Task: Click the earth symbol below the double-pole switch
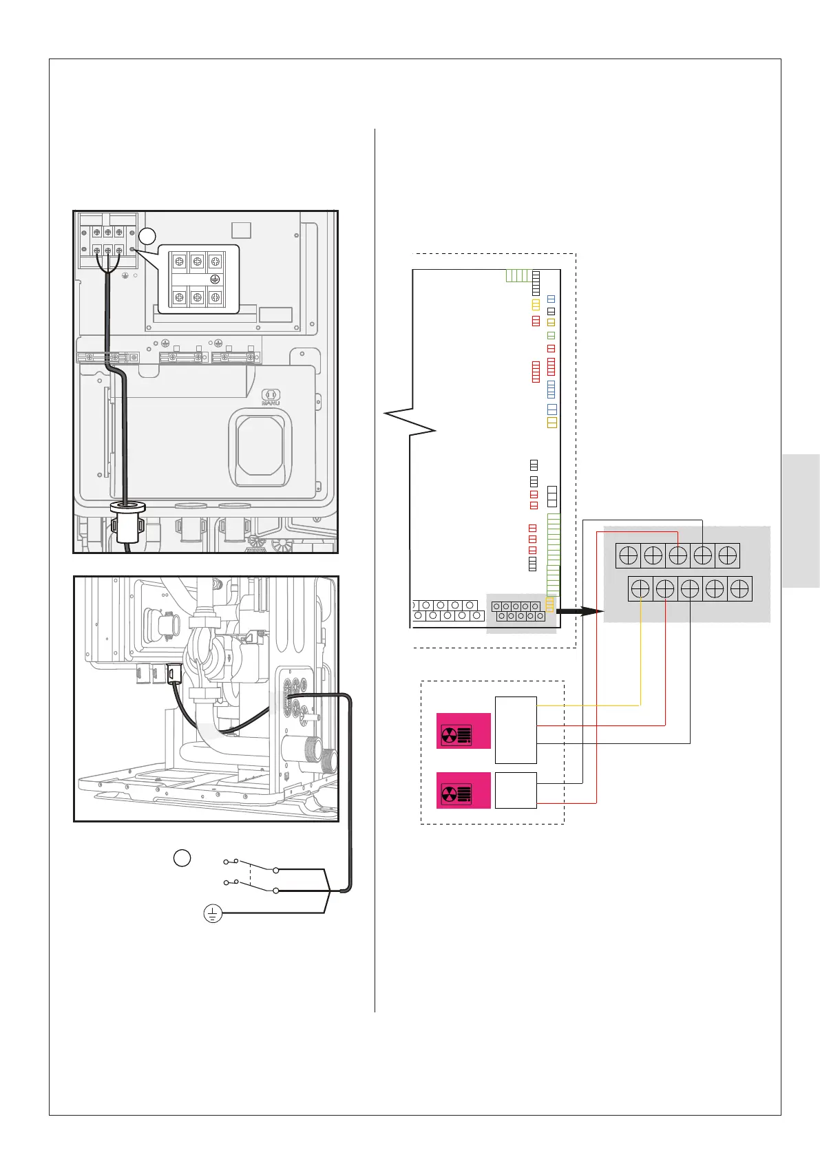(x=213, y=914)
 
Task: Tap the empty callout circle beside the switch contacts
(x=182, y=858)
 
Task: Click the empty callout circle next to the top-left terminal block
(x=147, y=237)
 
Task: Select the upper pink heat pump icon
(x=464, y=731)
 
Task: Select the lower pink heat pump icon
(x=464, y=790)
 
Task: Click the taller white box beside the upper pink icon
(x=516, y=730)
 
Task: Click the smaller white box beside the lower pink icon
(x=516, y=790)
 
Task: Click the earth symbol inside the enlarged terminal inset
(x=215, y=279)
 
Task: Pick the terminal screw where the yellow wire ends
(x=640, y=589)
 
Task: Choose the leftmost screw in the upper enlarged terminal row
(x=628, y=555)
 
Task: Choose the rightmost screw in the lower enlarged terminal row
(x=739, y=589)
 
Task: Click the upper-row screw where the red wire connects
(x=677, y=555)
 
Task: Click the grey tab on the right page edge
(x=801, y=520)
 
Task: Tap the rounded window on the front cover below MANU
(x=260, y=447)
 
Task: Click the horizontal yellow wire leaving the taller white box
(x=589, y=705)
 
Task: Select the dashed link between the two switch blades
(x=251, y=875)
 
